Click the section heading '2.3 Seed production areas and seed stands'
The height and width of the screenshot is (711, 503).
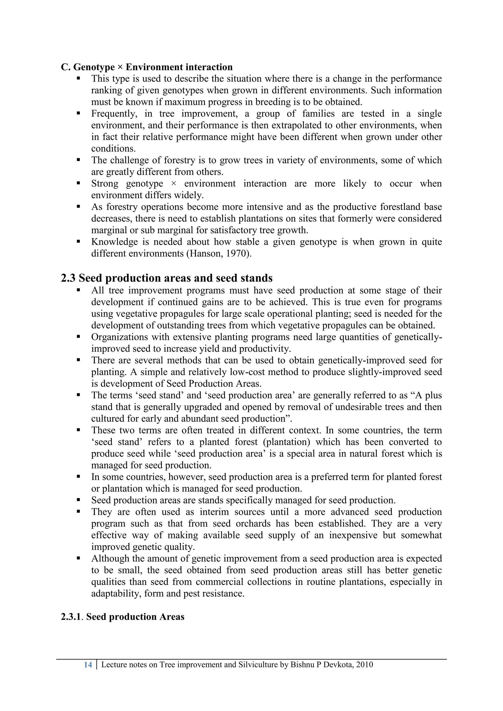(x=166, y=278)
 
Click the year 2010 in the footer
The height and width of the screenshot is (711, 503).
(x=364, y=665)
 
